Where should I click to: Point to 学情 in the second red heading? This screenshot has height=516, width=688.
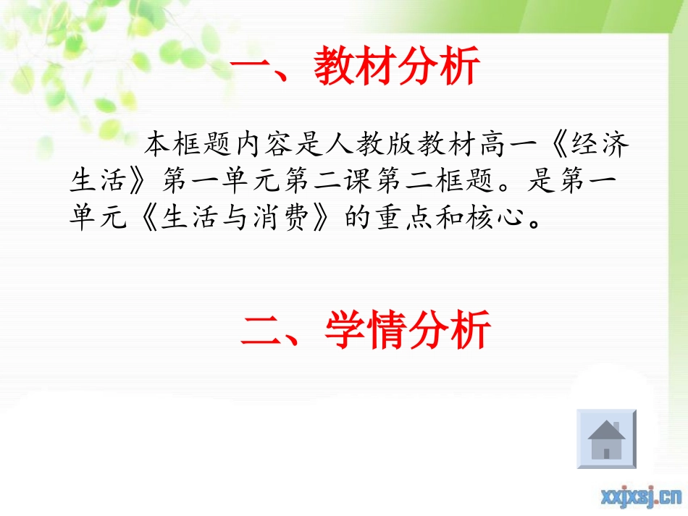click(366, 331)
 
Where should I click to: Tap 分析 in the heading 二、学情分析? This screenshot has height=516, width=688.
click(450, 331)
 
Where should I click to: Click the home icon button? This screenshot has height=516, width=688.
click(606, 439)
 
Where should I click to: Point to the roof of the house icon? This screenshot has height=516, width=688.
click(606, 429)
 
